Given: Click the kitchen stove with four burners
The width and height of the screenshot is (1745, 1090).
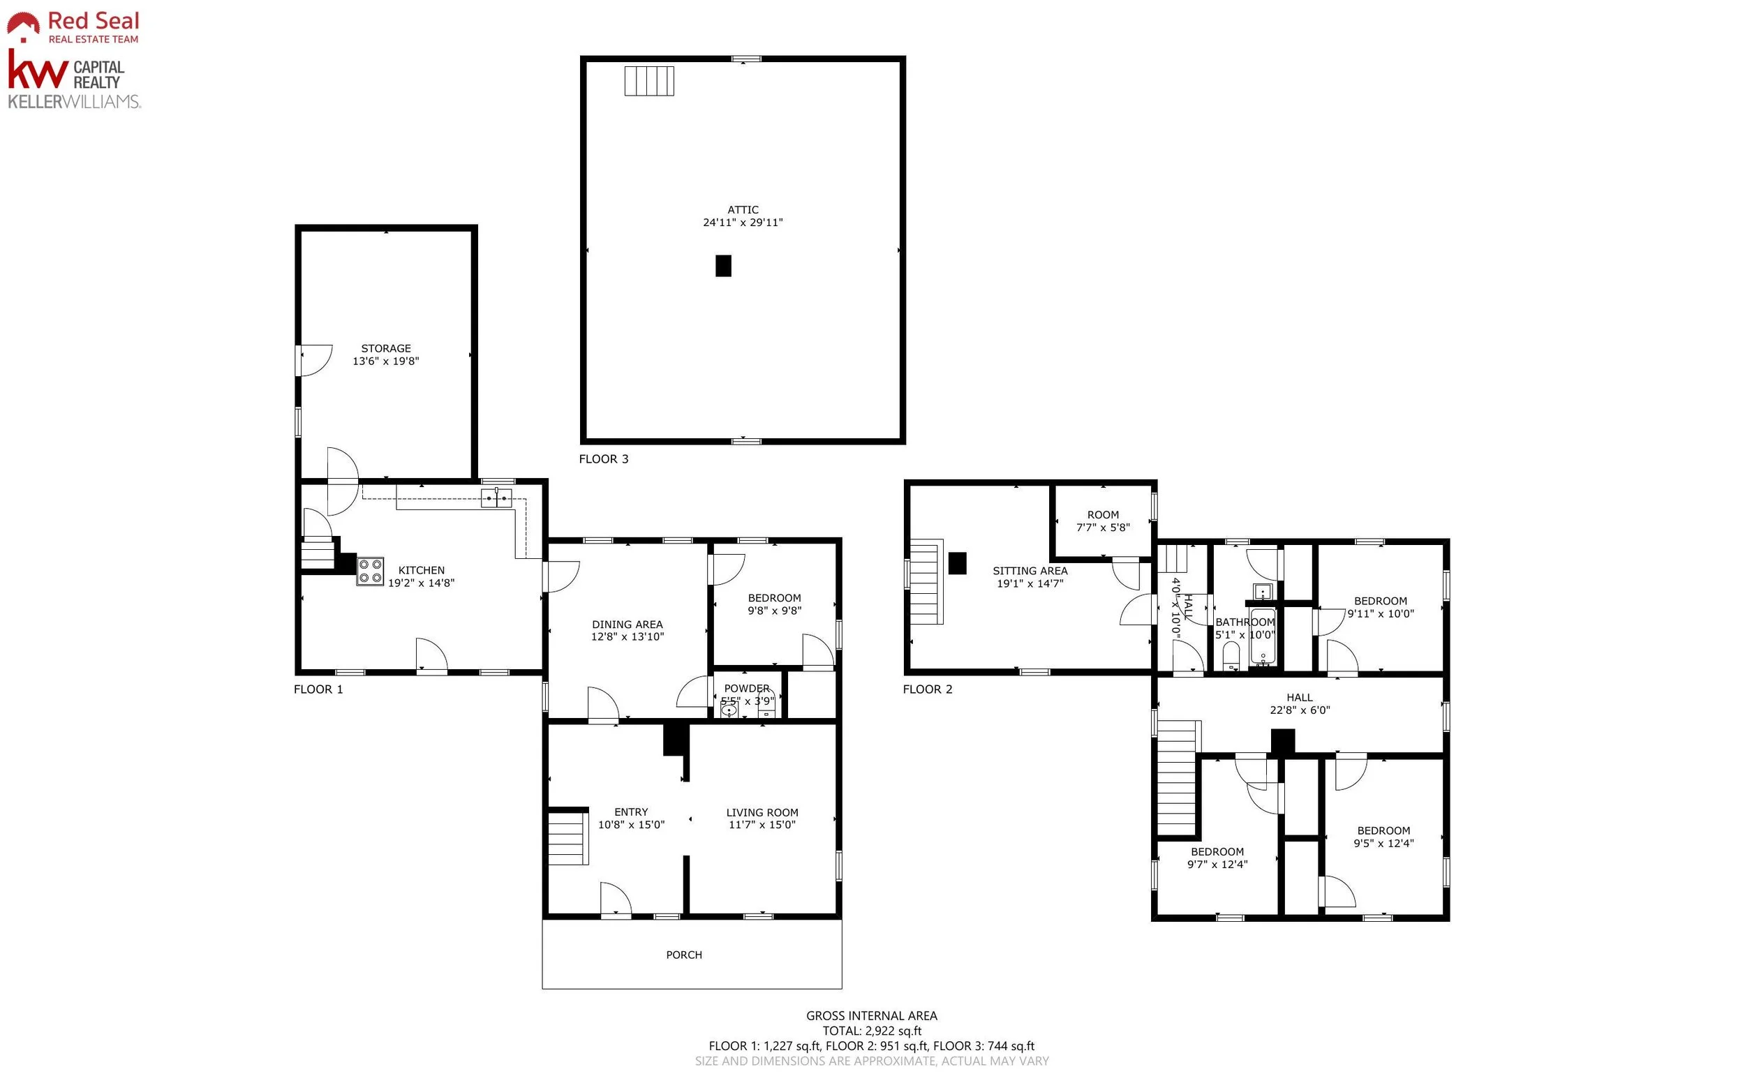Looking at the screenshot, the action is [370, 571].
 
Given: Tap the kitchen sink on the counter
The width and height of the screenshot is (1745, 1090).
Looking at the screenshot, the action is [496, 498].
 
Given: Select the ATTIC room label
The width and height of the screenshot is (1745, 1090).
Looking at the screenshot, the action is [743, 210].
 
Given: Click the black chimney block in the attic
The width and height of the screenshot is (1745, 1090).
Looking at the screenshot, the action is [723, 265].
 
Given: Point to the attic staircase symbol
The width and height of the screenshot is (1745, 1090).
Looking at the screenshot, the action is [649, 81].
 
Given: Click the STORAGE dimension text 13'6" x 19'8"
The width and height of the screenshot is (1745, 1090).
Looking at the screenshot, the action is [386, 361].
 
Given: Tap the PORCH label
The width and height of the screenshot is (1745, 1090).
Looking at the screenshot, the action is [683, 955].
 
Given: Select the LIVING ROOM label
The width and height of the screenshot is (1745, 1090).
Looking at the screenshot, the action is [762, 812].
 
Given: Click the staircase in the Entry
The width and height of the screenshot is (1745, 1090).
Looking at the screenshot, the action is [568, 837].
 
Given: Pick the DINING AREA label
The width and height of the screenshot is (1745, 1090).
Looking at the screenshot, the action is [628, 625].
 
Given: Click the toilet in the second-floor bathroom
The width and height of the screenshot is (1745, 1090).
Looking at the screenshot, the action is [1231, 656].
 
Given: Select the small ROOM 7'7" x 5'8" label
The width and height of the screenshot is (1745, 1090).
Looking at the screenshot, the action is [1104, 521].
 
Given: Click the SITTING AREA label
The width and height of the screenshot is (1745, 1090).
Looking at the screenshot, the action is [1030, 571].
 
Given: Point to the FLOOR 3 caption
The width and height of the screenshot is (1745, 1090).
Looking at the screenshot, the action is [604, 459].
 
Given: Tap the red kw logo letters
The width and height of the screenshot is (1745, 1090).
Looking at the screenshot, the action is [38, 68].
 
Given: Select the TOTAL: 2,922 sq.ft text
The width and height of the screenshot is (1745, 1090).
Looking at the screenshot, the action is [872, 1031].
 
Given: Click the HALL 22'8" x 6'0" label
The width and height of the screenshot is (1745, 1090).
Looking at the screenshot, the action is [1300, 703].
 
